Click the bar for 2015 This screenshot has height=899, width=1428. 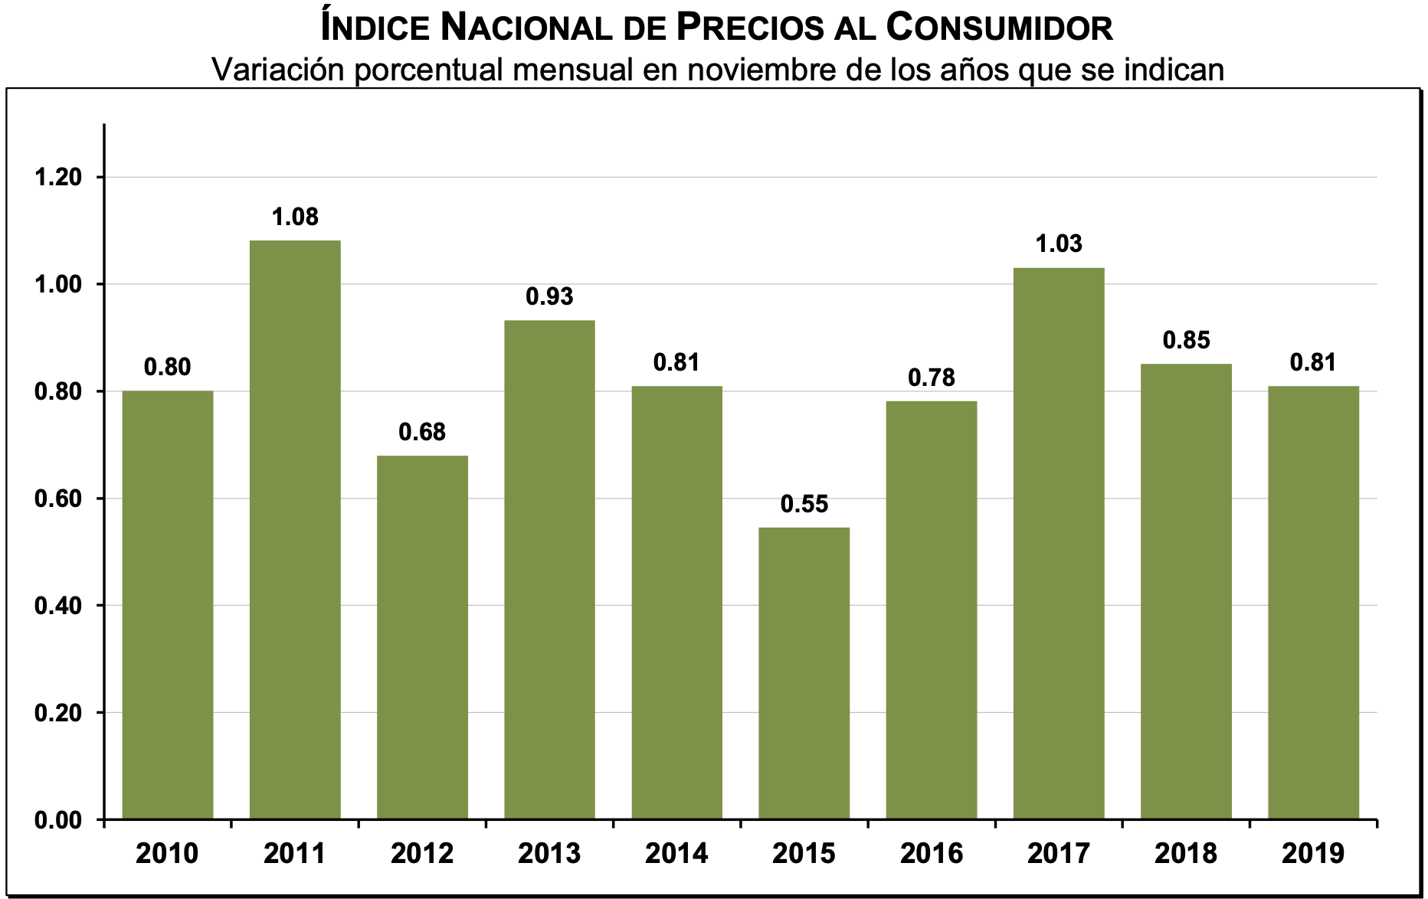(804, 673)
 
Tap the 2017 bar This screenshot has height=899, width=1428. (1059, 543)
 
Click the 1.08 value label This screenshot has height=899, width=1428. (295, 217)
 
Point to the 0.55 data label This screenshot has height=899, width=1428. (804, 504)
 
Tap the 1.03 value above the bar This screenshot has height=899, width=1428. (1059, 244)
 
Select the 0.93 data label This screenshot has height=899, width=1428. (549, 296)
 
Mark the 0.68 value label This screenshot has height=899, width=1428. (422, 433)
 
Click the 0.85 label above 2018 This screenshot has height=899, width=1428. (1186, 340)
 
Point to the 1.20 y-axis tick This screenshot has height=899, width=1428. (58, 178)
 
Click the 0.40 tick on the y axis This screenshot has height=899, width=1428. (58, 606)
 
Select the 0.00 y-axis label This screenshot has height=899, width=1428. (58, 820)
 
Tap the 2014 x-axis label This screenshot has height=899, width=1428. (676, 853)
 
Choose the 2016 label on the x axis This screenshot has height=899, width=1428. (932, 853)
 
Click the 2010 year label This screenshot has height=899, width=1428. (167, 853)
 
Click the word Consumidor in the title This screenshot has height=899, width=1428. (999, 28)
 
